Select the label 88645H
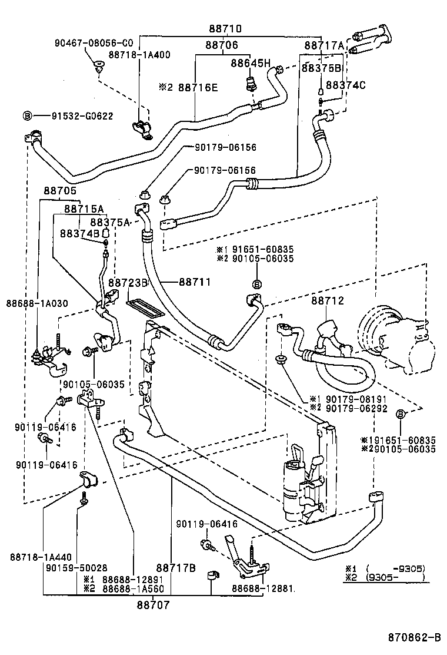pyautogui.click(x=250, y=63)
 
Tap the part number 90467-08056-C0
pyautogui.click(x=94, y=43)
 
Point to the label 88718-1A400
pyautogui.click(x=139, y=54)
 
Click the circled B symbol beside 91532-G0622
pyautogui.click(x=26, y=116)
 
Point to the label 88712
pyautogui.click(x=328, y=301)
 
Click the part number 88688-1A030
pyautogui.click(x=38, y=303)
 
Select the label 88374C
pyautogui.click(x=346, y=85)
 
